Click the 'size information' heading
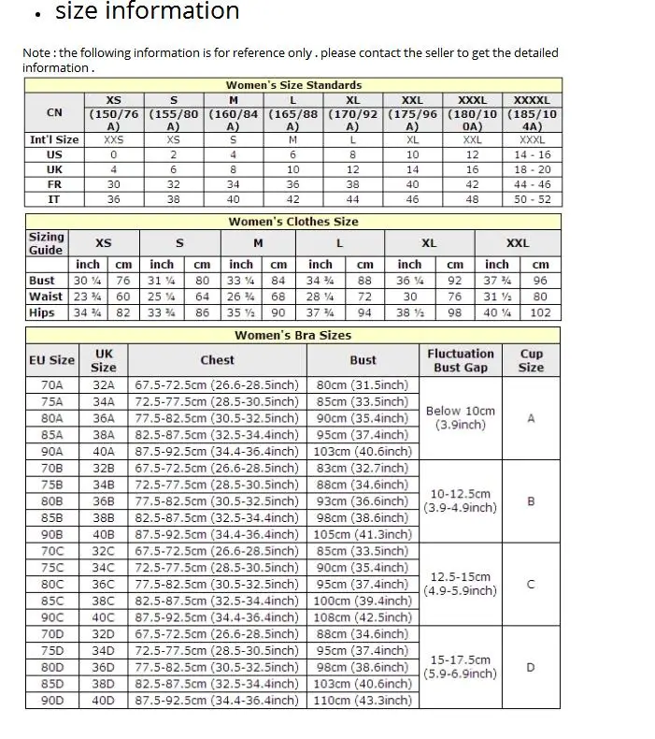(x=147, y=12)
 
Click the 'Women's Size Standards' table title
(x=293, y=85)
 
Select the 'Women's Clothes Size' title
(x=293, y=222)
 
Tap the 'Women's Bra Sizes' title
(x=293, y=335)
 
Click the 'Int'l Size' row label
(x=54, y=139)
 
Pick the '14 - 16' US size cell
(x=533, y=154)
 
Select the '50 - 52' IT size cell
(x=533, y=199)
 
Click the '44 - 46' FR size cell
(x=533, y=184)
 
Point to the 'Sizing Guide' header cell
(x=46, y=243)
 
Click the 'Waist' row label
(x=46, y=297)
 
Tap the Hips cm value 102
(x=541, y=312)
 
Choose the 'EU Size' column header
(x=51, y=360)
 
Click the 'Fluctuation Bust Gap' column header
(x=461, y=360)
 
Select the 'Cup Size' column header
(x=531, y=360)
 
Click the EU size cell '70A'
(x=51, y=385)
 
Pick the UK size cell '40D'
(x=103, y=700)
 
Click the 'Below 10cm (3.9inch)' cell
(x=461, y=417)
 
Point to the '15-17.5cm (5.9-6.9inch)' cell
(x=461, y=667)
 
